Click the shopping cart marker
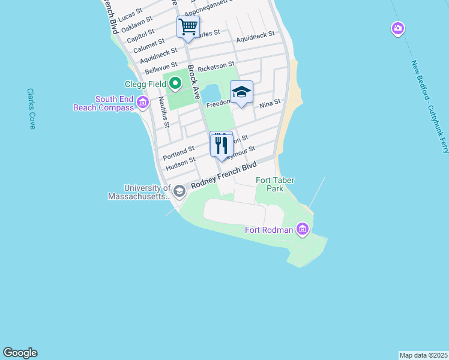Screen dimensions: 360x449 188,27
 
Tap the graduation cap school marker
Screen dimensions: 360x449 241,92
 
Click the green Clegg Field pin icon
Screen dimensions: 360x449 175,84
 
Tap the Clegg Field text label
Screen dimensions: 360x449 144,85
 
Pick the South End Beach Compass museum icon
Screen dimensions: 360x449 143,103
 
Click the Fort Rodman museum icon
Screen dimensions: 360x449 302,229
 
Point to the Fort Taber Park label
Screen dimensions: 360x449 270,184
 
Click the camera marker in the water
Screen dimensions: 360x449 397,28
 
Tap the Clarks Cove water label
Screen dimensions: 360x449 31,109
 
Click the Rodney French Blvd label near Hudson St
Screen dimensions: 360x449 223,176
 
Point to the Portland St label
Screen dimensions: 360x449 179,152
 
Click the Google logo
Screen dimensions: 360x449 20,353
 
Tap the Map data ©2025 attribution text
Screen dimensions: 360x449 423,355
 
